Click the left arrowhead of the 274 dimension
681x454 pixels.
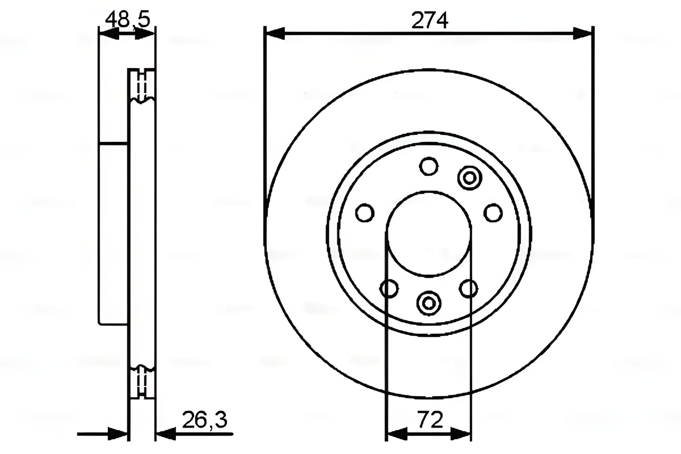275,33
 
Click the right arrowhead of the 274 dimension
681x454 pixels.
583,33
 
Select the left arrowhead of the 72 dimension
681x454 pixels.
395,433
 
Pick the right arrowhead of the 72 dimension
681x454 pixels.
461,433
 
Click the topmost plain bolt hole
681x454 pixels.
429,166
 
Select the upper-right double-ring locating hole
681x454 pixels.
469,177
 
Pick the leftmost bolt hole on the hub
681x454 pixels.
365,213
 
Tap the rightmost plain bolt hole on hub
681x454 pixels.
493,213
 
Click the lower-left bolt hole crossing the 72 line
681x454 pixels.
389,288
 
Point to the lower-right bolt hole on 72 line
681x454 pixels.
469,288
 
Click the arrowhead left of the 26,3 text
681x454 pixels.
166,433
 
